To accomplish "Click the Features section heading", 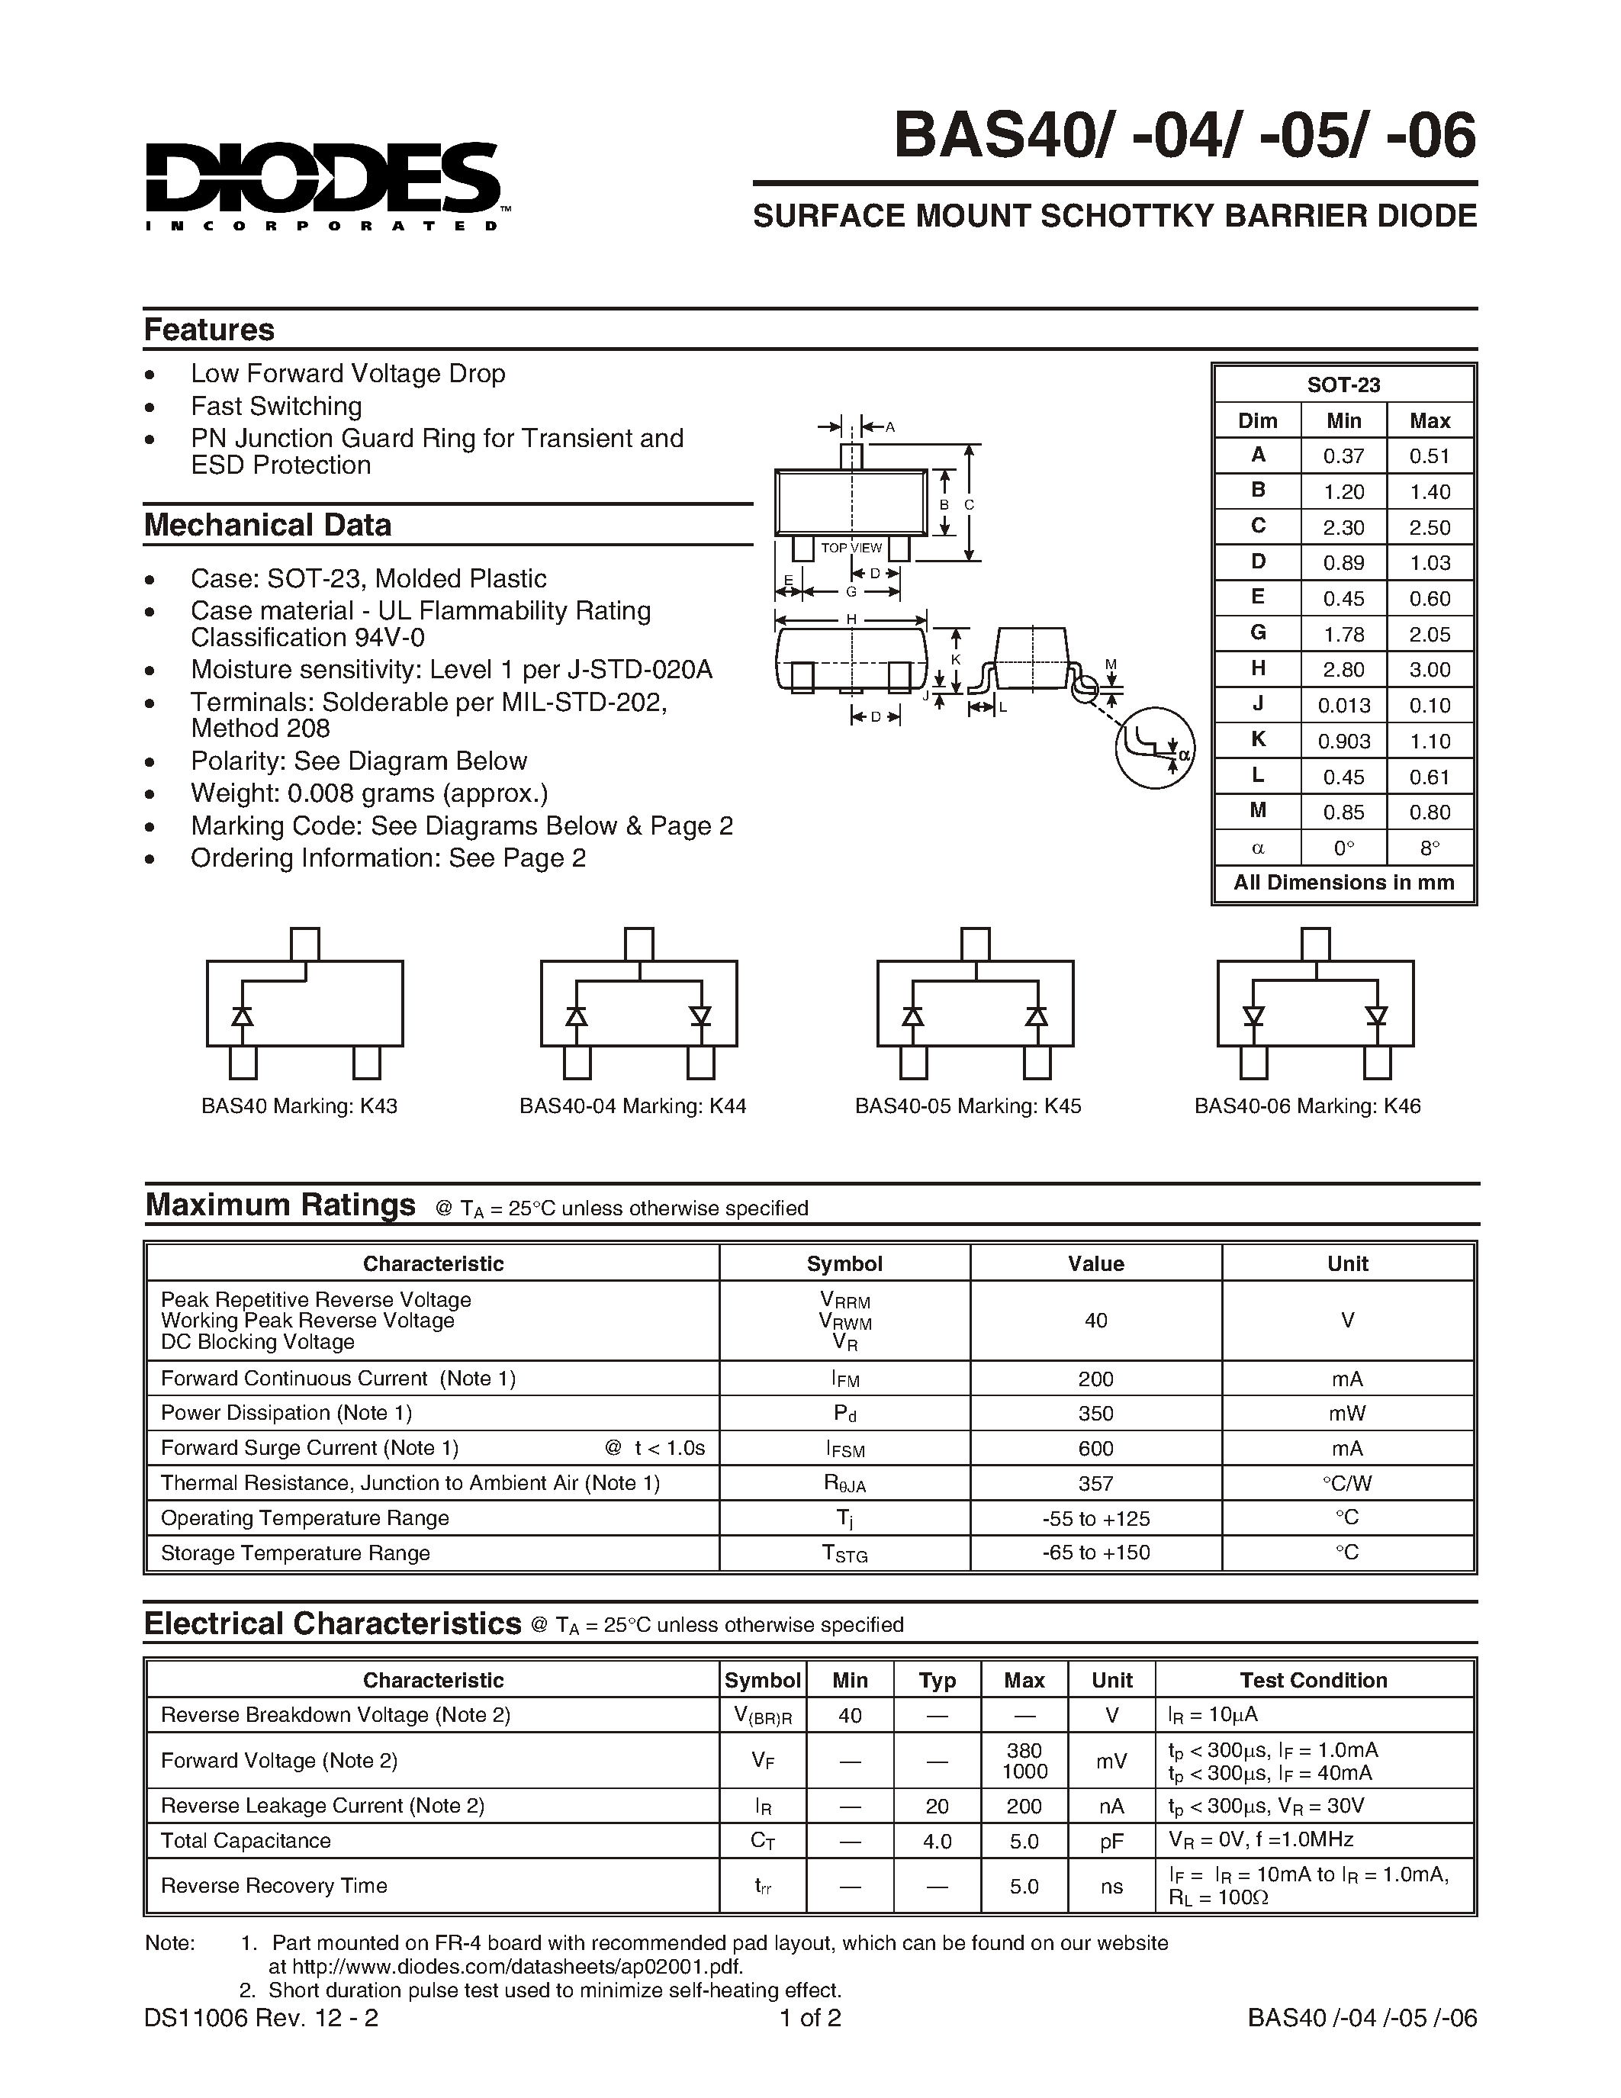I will (208, 330).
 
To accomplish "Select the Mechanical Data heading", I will (267, 525).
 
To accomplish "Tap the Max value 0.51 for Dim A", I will (1429, 456).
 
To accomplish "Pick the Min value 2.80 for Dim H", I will (1343, 670).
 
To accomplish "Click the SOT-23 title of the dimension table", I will (1343, 385).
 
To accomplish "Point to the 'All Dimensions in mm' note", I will (1343, 882).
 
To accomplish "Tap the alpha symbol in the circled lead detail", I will (1184, 755).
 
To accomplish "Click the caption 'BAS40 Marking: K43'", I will (299, 1105).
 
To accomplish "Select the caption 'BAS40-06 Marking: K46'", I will (1307, 1105).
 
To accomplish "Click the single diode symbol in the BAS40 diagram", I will (243, 1015).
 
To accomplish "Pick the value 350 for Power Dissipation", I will (1095, 1413).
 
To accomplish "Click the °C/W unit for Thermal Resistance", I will (1346, 1483).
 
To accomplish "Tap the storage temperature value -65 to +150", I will (1095, 1553).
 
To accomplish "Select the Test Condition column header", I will (1313, 1680).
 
